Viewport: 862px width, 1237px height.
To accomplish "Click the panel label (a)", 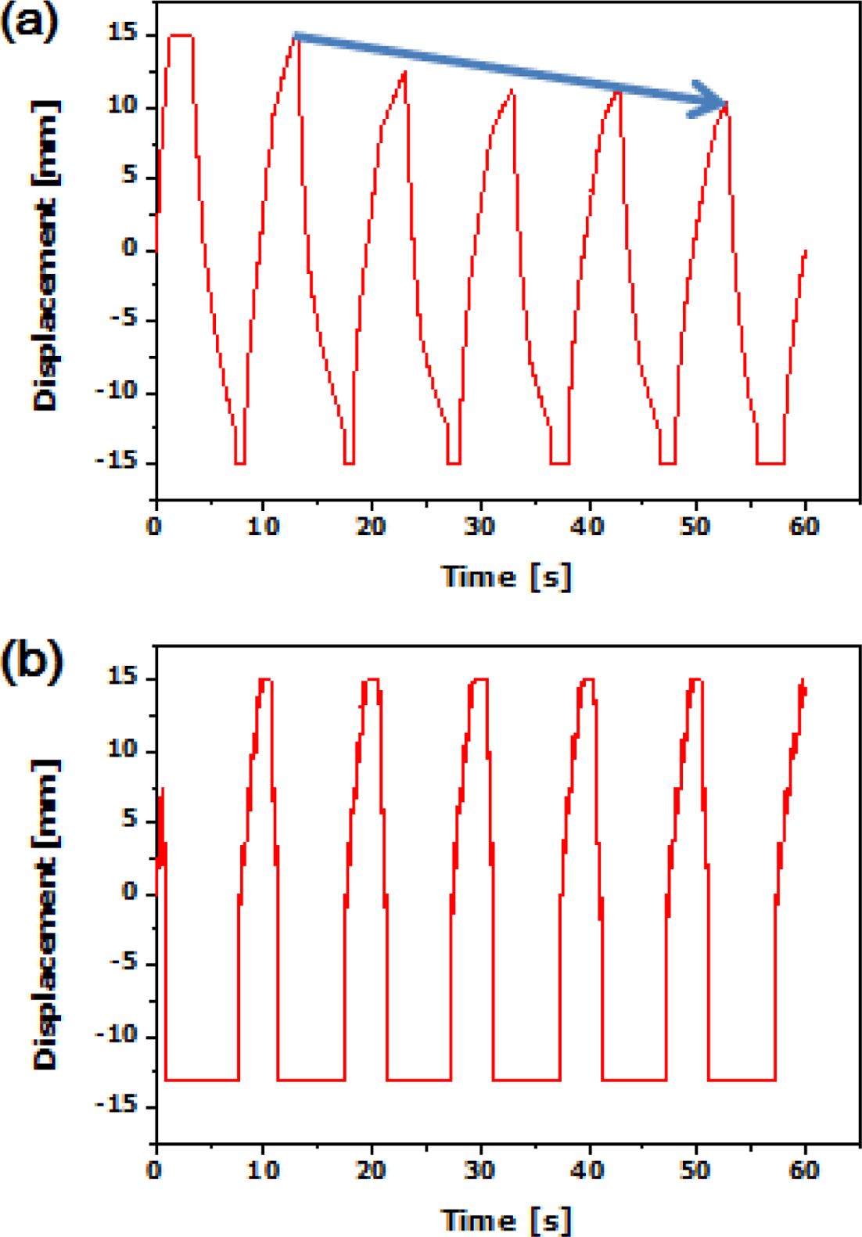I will (x=30, y=23).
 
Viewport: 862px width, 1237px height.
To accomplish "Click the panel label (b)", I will (x=30, y=665).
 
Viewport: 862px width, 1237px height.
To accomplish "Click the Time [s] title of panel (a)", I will (x=507, y=577).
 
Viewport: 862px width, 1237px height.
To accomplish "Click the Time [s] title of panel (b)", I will (x=507, y=1220).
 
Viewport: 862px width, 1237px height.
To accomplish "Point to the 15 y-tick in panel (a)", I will (x=124, y=35).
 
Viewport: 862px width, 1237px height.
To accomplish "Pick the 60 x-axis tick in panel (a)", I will (x=803, y=527).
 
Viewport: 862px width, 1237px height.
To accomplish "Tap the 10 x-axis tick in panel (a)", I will (x=264, y=527).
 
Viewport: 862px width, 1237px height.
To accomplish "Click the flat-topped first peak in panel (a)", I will (x=181, y=35).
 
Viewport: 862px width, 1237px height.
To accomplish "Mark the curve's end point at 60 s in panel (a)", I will (x=805, y=251).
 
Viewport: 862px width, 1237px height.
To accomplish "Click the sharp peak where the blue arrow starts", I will (x=296, y=35).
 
